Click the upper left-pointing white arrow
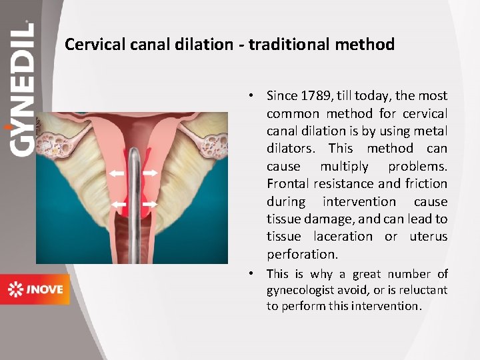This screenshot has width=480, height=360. click(117, 173)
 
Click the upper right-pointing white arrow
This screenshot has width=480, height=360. click(150, 173)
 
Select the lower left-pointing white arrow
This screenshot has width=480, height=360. click(118, 203)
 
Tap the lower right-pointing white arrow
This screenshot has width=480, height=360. click(150, 203)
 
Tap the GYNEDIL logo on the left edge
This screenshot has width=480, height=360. click(22, 90)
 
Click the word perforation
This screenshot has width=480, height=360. click(302, 254)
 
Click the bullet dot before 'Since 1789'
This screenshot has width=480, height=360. click(254, 96)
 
